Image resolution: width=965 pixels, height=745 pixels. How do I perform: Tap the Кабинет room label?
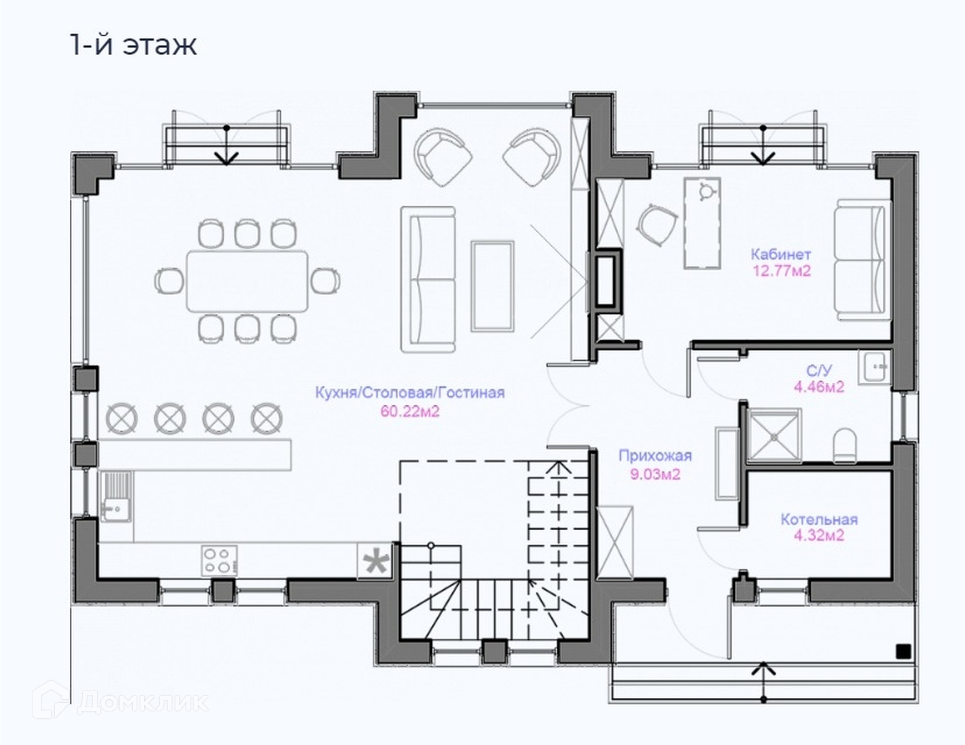pos(781,254)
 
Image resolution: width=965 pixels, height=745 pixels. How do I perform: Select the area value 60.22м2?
pos(410,411)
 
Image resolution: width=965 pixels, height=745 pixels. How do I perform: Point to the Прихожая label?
pos(655,456)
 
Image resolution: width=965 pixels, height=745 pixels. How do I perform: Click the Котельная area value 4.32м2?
pos(819,536)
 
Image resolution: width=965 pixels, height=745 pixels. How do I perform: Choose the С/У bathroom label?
pos(819,371)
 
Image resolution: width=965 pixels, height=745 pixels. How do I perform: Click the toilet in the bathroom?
pos(844,445)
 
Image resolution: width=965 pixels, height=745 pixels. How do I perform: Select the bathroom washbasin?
pos(875,367)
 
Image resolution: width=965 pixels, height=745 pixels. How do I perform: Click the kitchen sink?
pos(116,496)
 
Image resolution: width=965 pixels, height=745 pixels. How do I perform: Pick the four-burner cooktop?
pos(219,561)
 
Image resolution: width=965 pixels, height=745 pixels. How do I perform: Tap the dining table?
pos(247,281)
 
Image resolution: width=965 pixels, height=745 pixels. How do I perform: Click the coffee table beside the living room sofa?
pos(493,286)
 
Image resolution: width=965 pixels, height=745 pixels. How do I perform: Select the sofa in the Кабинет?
pos(861,260)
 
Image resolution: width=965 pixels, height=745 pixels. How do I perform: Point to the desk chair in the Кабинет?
pos(657,225)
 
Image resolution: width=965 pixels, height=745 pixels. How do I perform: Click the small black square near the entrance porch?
pos(903,652)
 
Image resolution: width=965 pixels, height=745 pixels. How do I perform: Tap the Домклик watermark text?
pos(143,701)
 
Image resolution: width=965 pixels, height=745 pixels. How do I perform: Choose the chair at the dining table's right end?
pos(326,281)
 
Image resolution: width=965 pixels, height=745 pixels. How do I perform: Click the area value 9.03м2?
pos(655,474)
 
